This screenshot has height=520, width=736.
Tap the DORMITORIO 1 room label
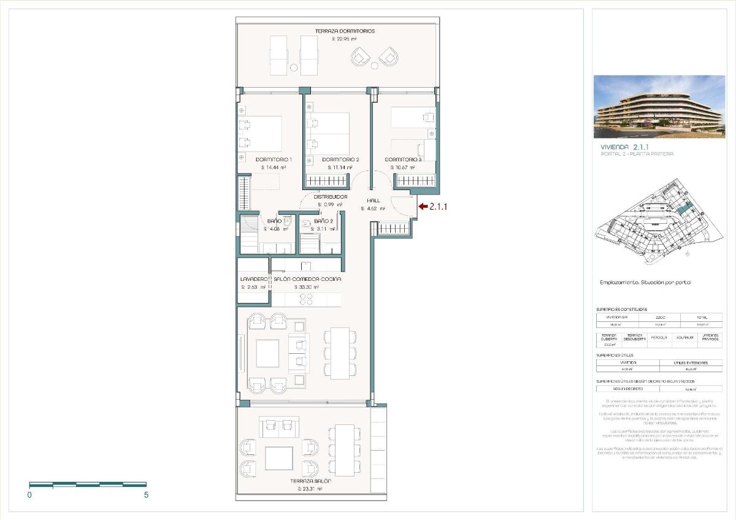[274, 159]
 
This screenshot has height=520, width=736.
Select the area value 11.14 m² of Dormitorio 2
[340, 167]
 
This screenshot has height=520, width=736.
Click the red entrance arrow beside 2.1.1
[423, 207]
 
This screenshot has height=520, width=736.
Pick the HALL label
[374, 201]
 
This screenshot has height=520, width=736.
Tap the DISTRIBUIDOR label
[331, 197]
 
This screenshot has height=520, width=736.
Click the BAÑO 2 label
[323, 221]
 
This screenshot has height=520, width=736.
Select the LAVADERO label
[253, 279]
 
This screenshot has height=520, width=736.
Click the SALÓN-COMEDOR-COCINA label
[307, 279]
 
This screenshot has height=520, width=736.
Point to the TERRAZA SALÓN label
[311, 481]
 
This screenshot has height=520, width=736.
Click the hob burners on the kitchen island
[306, 299]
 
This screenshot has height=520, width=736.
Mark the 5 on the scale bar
[146, 495]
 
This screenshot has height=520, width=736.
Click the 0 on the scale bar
[29, 495]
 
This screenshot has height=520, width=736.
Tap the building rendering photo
[659, 107]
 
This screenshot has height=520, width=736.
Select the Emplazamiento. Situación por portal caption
[645, 283]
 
